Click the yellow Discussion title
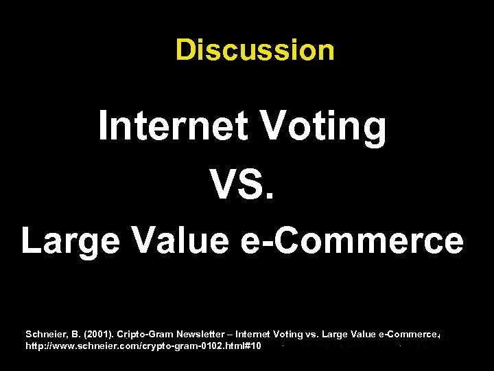[255, 49]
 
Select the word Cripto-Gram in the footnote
[145, 335]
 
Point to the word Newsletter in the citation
[202, 335]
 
